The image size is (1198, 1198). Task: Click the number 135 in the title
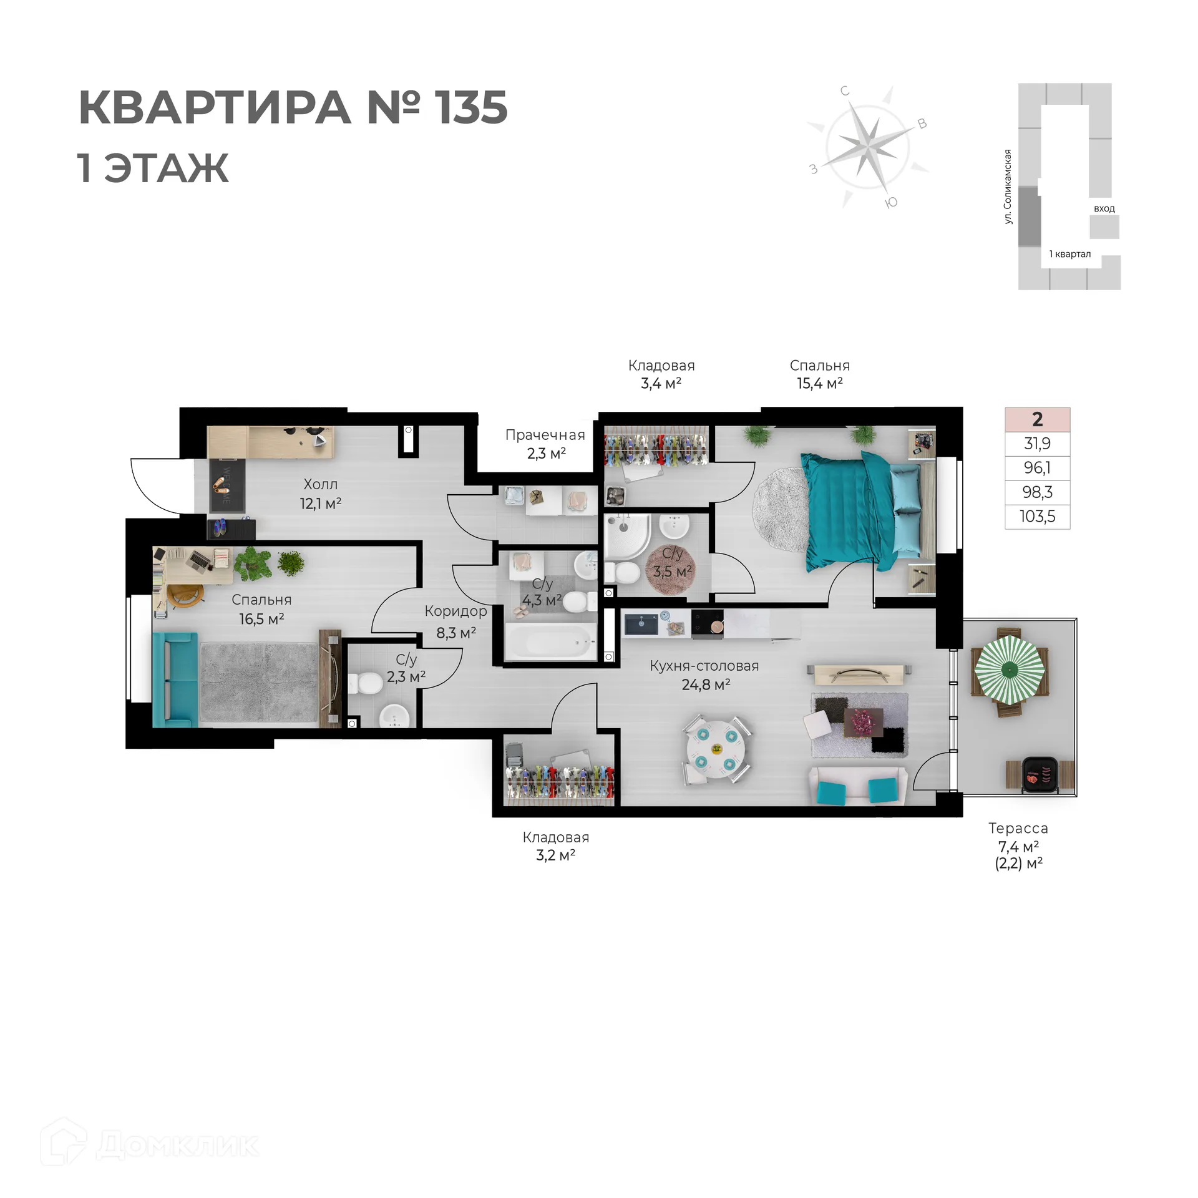pyautogui.click(x=472, y=107)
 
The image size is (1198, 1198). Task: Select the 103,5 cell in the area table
pyautogui.click(x=1037, y=517)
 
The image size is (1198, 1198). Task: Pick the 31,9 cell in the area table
pyautogui.click(x=1037, y=444)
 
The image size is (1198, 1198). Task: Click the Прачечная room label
pyautogui.click(x=545, y=436)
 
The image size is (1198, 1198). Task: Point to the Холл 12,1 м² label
pyautogui.click(x=321, y=494)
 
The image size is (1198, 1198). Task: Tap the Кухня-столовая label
pyautogui.click(x=704, y=666)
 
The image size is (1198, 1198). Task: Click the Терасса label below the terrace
pyautogui.click(x=1018, y=829)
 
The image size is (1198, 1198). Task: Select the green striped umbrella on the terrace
pyautogui.click(x=1009, y=670)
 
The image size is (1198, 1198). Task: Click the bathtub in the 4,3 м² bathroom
pyautogui.click(x=549, y=643)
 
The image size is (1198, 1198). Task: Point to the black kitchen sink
pyautogui.click(x=642, y=625)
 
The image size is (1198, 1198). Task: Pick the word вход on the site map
pyautogui.click(x=1104, y=208)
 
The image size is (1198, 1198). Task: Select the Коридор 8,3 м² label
pyautogui.click(x=456, y=622)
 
